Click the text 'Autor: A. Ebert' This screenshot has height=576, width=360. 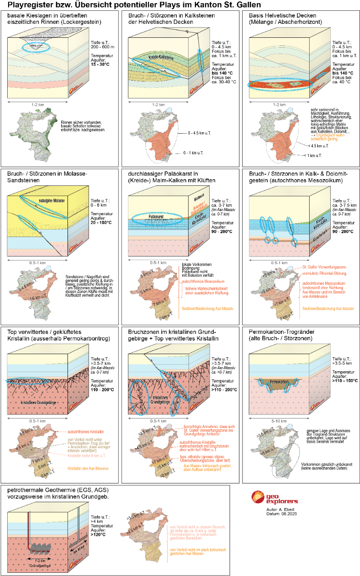click(x=275, y=509)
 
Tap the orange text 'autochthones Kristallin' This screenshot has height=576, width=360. click(x=85, y=431)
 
